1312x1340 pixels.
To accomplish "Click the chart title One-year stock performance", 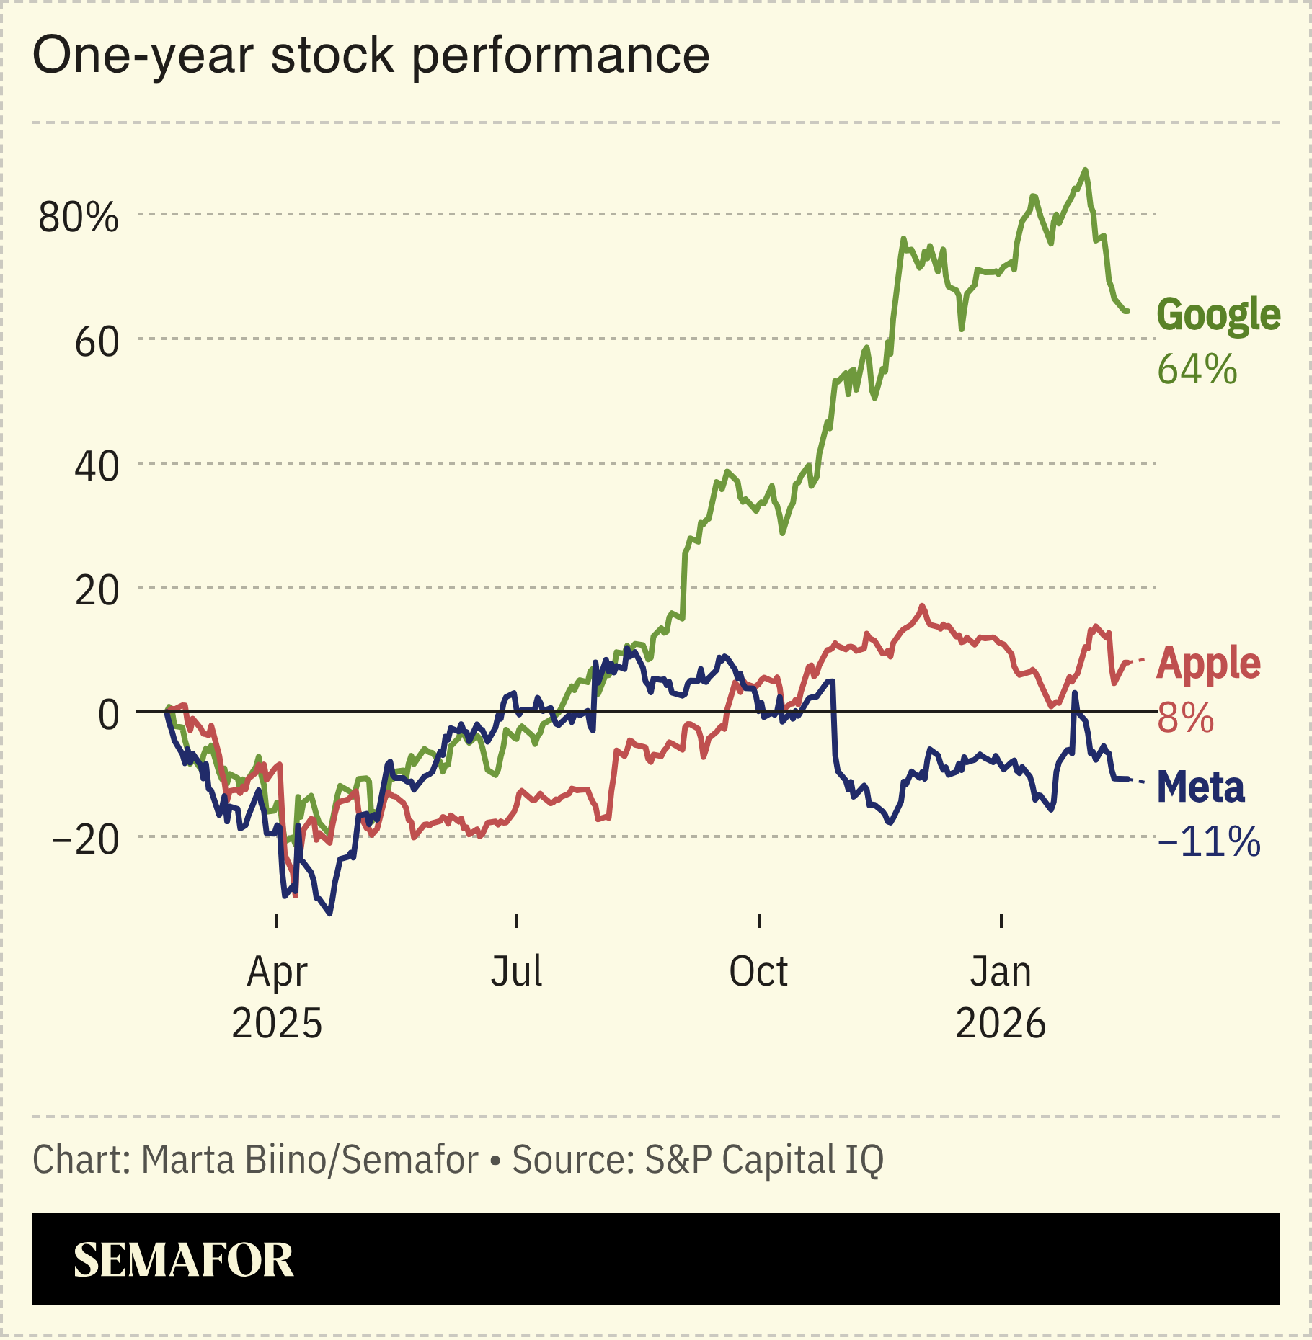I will [x=371, y=55].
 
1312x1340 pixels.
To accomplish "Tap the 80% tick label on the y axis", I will [x=78, y=217].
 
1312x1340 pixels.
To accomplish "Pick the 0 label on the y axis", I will [x=108, y=715].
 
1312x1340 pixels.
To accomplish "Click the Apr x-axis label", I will [x=277, y=972].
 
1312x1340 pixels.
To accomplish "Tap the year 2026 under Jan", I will [x=1001, y=1023].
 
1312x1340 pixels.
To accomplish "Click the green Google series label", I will [x=1218, y=315].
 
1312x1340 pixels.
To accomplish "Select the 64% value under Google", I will [x=1197, y=369].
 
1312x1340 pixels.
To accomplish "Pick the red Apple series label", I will [x=1208, y=663].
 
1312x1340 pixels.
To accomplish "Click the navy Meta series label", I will [x=1200, y=787].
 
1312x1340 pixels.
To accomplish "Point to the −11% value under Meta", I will [x=1209, y=841].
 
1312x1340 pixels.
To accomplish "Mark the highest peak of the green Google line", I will [x=1086, y=170].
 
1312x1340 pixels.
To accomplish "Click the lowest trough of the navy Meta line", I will [x=330, y=914].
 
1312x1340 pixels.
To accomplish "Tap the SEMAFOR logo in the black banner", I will [x=183, y=1260].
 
